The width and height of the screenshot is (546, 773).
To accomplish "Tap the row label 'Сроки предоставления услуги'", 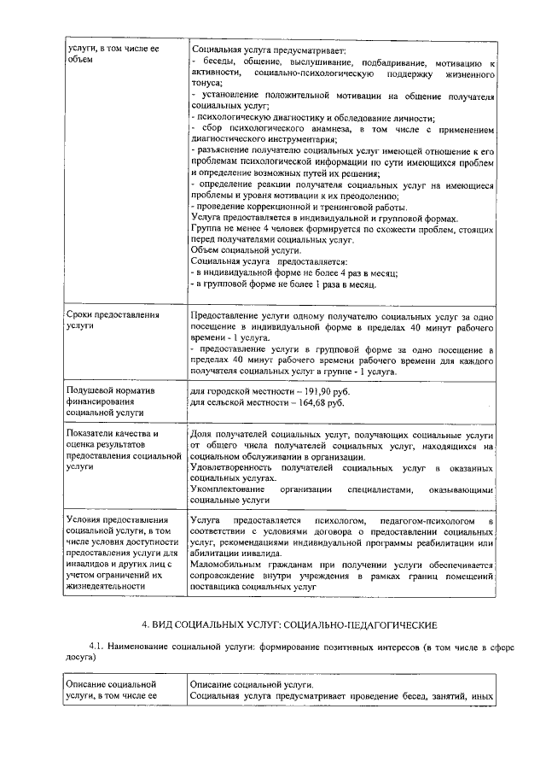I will pos(113,320).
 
